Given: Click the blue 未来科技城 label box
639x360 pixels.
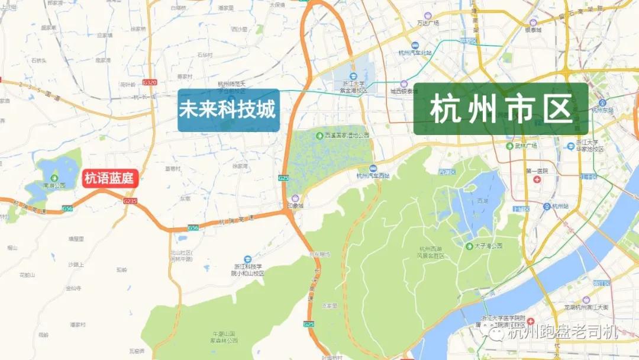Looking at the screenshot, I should point(228,110).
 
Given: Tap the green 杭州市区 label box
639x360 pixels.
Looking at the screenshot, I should point(501,110).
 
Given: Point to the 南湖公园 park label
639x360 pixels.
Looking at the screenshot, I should point(54,185).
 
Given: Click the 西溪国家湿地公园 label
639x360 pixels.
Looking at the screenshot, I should point(347,136).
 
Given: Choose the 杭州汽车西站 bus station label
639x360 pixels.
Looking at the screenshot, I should point(373,175).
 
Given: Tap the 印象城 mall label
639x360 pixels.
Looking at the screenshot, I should point(295,206).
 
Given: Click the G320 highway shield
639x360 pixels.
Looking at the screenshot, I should point(150,83).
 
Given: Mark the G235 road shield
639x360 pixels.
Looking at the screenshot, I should point(130,201).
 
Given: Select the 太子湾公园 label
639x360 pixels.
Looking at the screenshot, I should point(488,245).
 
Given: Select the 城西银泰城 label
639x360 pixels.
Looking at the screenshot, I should point(404,91).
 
